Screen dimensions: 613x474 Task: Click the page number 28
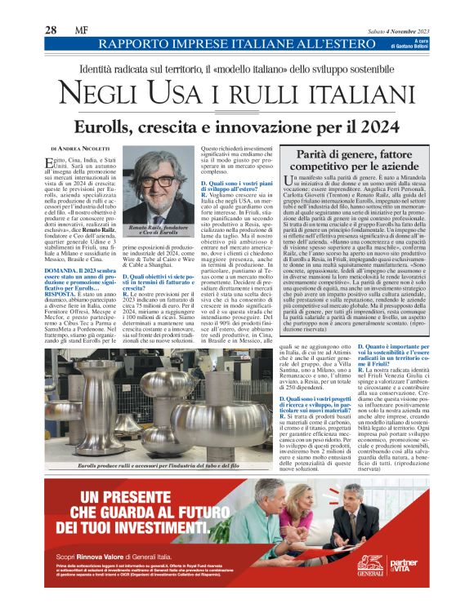coord(51,29)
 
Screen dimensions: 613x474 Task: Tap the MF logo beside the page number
coord(83,29)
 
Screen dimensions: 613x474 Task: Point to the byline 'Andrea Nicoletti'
coord(88,149)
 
